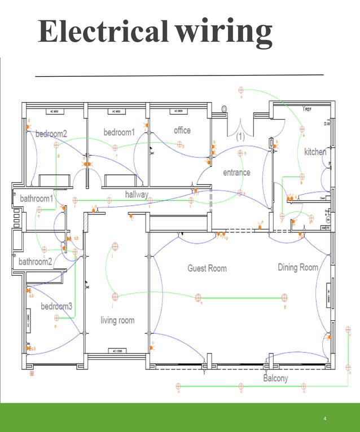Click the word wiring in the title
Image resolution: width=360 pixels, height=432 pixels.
[224, 32]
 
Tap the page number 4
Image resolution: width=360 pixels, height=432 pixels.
[326, 418]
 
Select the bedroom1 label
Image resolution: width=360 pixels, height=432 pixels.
[119, 132]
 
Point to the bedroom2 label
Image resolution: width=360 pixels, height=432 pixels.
[51, 134]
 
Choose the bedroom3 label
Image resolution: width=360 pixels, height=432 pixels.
[56, 306]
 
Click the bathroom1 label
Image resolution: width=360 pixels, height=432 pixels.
[37, 199]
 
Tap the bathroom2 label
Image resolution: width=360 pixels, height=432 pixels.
[36, 261]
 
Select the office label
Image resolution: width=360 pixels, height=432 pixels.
[182, 130]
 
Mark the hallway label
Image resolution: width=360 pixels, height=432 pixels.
[137, 195]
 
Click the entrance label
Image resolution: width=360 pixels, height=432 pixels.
[236, 172]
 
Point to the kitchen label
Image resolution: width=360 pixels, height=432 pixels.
[315, 152]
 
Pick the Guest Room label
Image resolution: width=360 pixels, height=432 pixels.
[207, 268]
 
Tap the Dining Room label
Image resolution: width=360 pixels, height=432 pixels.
[298, 267]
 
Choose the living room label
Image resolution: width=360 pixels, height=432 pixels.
[117, 320]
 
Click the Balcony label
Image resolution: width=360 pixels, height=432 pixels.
[275, 378]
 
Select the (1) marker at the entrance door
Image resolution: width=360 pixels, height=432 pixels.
[240, 136]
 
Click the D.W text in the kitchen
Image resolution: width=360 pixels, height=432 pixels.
[327, 123]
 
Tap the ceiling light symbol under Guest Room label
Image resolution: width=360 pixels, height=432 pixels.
[198, 297]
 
